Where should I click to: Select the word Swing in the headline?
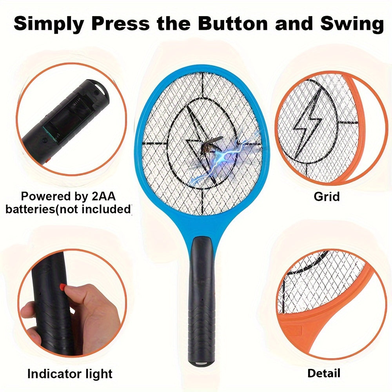pos(352,24)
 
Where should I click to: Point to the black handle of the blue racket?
pos(201,300)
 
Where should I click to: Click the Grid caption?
pos(327,196)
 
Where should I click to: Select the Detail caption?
pos(324,373)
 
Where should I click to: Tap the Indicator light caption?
pos(70,374)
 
